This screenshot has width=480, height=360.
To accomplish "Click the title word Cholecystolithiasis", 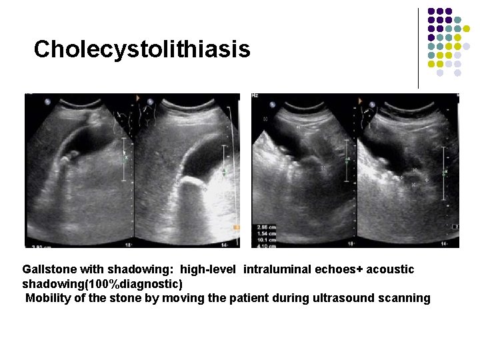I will pos(142,49).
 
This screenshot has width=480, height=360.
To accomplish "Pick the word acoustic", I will pos(390,269).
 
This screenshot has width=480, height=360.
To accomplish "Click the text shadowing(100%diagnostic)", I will pos(102,284).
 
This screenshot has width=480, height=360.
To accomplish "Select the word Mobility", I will pos(47,298).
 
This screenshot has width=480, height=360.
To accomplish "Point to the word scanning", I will pos(405,298).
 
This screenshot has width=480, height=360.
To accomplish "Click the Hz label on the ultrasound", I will pos(255,96).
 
